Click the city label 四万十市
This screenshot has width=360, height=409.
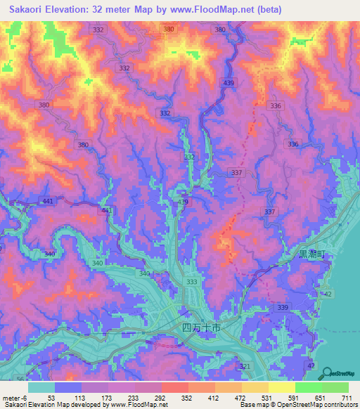(x=201, y=327)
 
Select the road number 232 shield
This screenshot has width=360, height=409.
(x=190, y=157)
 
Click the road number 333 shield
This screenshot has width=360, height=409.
(x=191, y=281)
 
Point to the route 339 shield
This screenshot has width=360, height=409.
(x=283, y=308)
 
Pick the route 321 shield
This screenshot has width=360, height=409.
(x=245, y=367)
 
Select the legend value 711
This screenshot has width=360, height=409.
(x=346, y=397)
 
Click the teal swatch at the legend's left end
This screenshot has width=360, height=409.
(x=41, y=387)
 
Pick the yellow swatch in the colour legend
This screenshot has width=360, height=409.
(x=282, y=387)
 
